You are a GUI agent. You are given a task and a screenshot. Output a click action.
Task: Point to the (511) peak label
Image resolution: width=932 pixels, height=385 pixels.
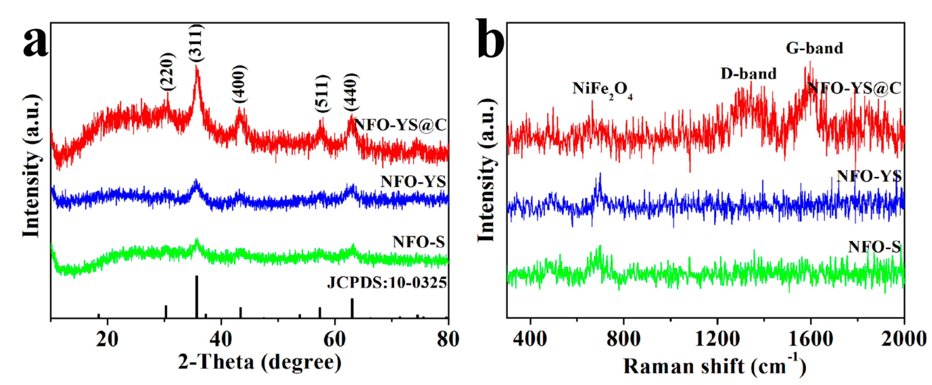click(322, 94)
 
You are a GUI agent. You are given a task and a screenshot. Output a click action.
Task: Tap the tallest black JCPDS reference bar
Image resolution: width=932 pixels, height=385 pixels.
click(197, 296)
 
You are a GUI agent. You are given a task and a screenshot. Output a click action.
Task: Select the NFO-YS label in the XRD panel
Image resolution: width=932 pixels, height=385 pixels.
click(413, 181)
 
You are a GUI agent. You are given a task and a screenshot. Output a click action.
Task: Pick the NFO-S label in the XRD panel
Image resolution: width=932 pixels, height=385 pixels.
click(419, 242)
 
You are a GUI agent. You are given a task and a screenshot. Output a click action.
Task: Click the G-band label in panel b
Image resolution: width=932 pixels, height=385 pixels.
click(814, 48)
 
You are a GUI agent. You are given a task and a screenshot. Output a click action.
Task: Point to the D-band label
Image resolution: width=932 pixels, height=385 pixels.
click(749, 74)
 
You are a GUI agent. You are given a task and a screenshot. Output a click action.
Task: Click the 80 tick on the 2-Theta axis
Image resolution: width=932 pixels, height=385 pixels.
click(448, 339)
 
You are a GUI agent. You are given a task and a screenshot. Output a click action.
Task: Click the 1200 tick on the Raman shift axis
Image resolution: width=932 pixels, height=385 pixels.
click(717, 339)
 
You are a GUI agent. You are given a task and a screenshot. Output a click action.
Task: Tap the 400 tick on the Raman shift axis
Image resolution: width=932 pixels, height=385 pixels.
click(530, 339)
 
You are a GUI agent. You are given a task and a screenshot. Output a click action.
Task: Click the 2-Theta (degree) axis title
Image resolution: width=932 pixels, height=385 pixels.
click(260, 362)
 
